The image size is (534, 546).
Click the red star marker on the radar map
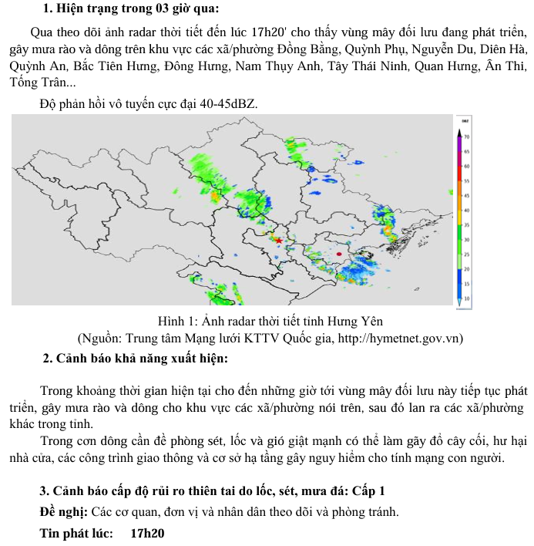coord(278,241)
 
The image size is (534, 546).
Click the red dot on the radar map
coord(339,253)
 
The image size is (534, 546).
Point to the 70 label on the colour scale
coord(467,136)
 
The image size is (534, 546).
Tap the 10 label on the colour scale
coord(467,297)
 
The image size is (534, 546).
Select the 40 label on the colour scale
coord(467,209)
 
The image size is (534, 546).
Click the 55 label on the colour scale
coord(467,180)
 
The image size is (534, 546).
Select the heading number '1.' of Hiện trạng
coord(49,9)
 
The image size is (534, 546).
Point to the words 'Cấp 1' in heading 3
coord(370,490)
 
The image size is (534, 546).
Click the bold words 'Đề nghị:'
coord(64,512)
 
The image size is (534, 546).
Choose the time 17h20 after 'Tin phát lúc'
coord(148,533)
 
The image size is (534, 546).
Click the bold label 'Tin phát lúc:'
coord(76,533)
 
